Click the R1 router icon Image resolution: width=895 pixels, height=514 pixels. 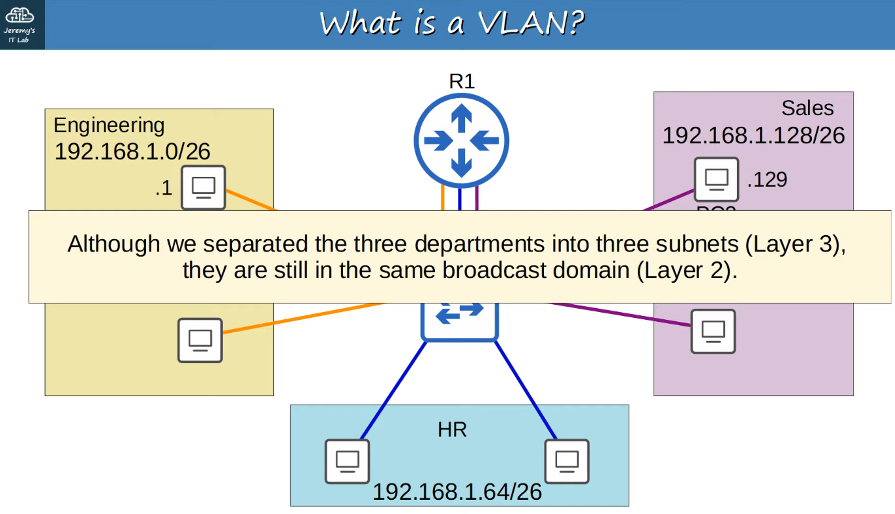pos(461,140)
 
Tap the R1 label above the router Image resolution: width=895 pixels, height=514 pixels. pos(462,81)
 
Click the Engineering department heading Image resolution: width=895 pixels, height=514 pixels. pos(109,125)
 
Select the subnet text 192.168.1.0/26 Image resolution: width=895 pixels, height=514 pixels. pos(132,152)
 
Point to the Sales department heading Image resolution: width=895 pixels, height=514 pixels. pos(807,108)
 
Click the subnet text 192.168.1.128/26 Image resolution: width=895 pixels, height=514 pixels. pos(754,136)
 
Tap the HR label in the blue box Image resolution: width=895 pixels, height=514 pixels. pos(452,430)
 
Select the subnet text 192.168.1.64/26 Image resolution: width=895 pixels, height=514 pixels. pos(457,492)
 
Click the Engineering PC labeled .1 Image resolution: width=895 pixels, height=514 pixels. pos(203,187)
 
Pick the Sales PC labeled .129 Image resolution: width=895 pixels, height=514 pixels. pos(716,179)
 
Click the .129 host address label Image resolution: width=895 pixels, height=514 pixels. pos(767,180)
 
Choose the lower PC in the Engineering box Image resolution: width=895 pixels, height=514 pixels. pos(200,340)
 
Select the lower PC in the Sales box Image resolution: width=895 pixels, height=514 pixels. pos(713,331)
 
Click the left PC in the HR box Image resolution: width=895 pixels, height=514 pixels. pos(347,461)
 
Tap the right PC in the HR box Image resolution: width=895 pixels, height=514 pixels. pos(567,461)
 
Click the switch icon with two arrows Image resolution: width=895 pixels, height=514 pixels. pos(460,320)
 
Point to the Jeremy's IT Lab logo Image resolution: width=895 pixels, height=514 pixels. pos(20,24)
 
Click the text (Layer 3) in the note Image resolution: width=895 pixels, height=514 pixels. pos(795,244)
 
